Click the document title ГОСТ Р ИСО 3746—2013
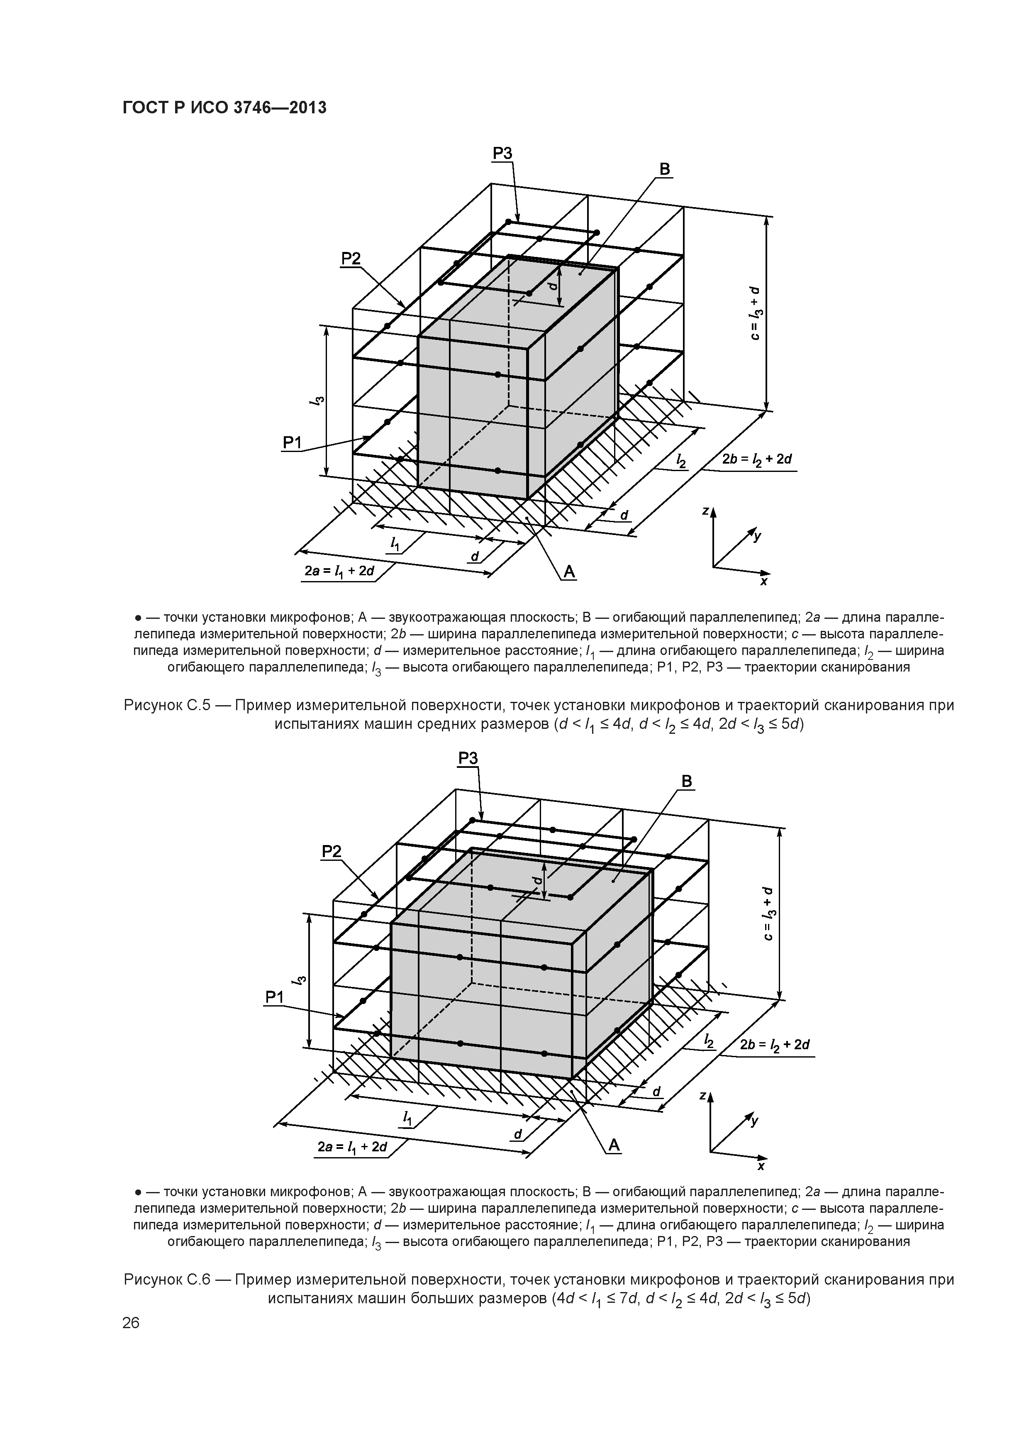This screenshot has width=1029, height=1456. tap(224, 108)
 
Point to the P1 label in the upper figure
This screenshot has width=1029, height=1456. tap(292, 443)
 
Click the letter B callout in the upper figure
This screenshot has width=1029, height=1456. tap(664, 169)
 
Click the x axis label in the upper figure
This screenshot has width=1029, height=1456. tap(764, 581)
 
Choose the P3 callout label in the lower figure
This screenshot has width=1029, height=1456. tap(468, 758)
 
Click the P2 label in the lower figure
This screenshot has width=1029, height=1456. tap(332, 852)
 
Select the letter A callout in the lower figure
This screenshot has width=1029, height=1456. tap(614, 1145)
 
